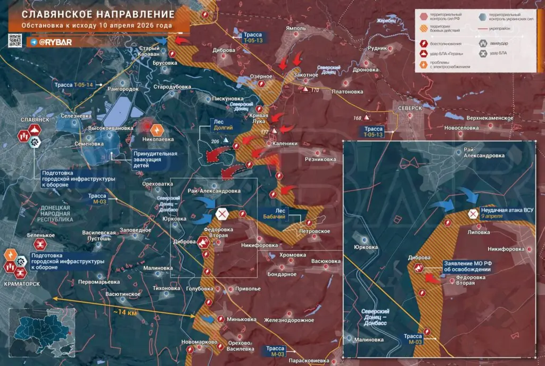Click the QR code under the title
click(x=15, y=41)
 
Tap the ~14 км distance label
click(x=125, y=313)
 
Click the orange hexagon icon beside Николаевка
click(x=158, y=130)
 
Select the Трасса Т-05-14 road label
click(x=73, y=85)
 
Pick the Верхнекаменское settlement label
click(x=489, y=118)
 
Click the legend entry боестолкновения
click(x=446, y=43)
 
